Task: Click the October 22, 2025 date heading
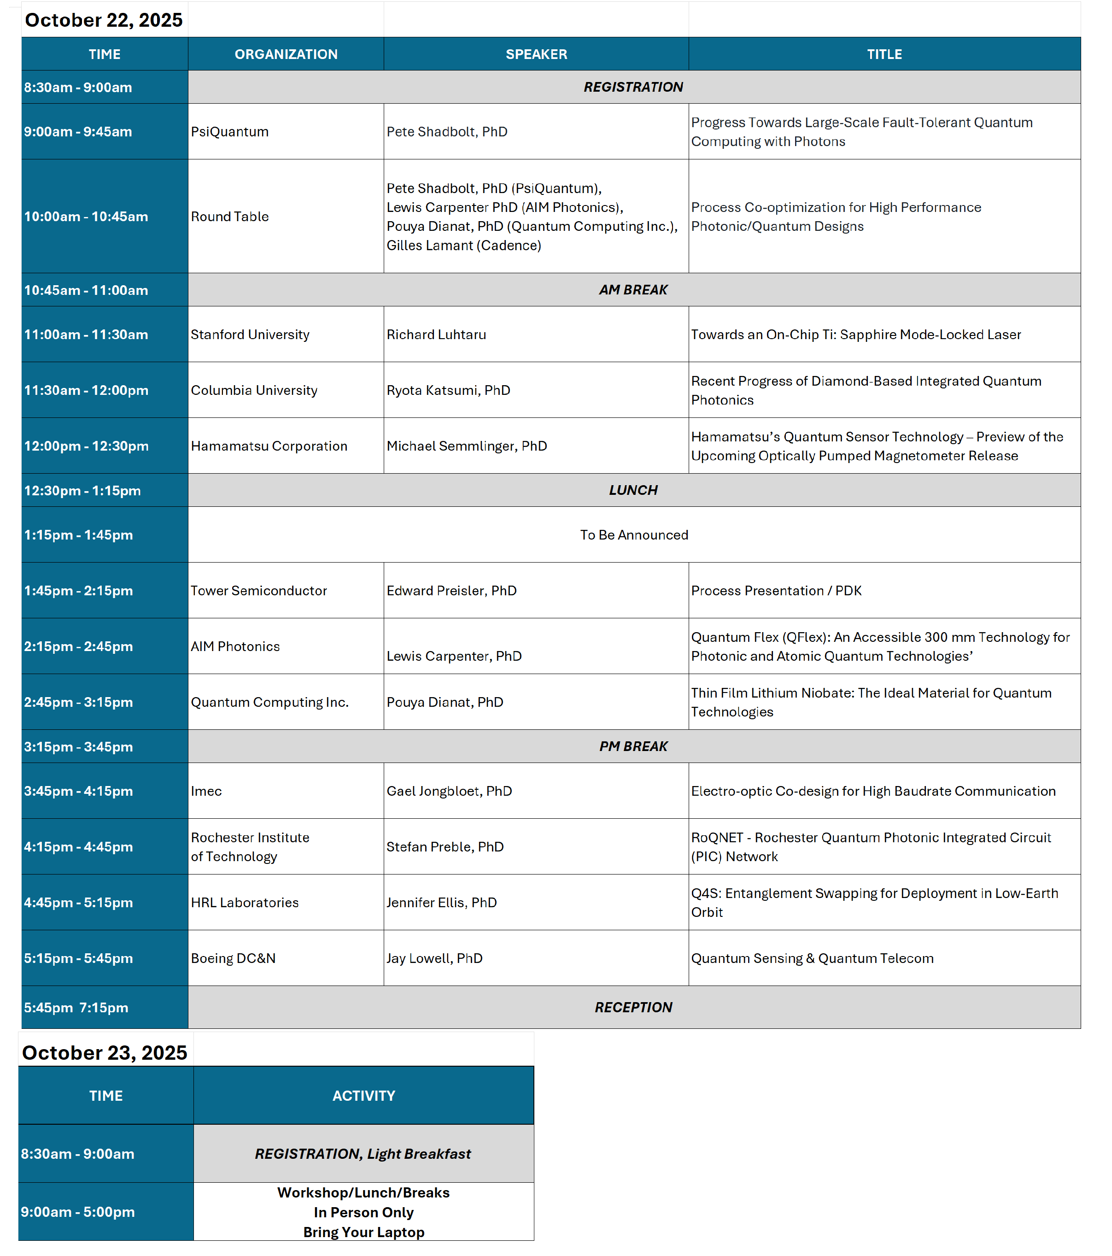coord(103,20)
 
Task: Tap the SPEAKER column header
coord(536,54)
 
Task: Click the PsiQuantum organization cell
coord(230,131)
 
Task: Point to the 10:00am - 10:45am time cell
coord(86,216)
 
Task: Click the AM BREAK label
coord(633,289)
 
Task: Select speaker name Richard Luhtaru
coord(436,335)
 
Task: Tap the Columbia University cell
coord(254,390)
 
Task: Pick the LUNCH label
coord(633,490)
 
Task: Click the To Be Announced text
coord(633,534)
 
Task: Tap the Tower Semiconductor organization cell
coord(258,591)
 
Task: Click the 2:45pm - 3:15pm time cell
coord(79,702)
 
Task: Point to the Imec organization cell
coord(206,791)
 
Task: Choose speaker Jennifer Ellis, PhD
coord(441,902)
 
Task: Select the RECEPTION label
coord(633,1007)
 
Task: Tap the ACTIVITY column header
coord(364,1096)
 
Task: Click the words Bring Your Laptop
coord(364,1232)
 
